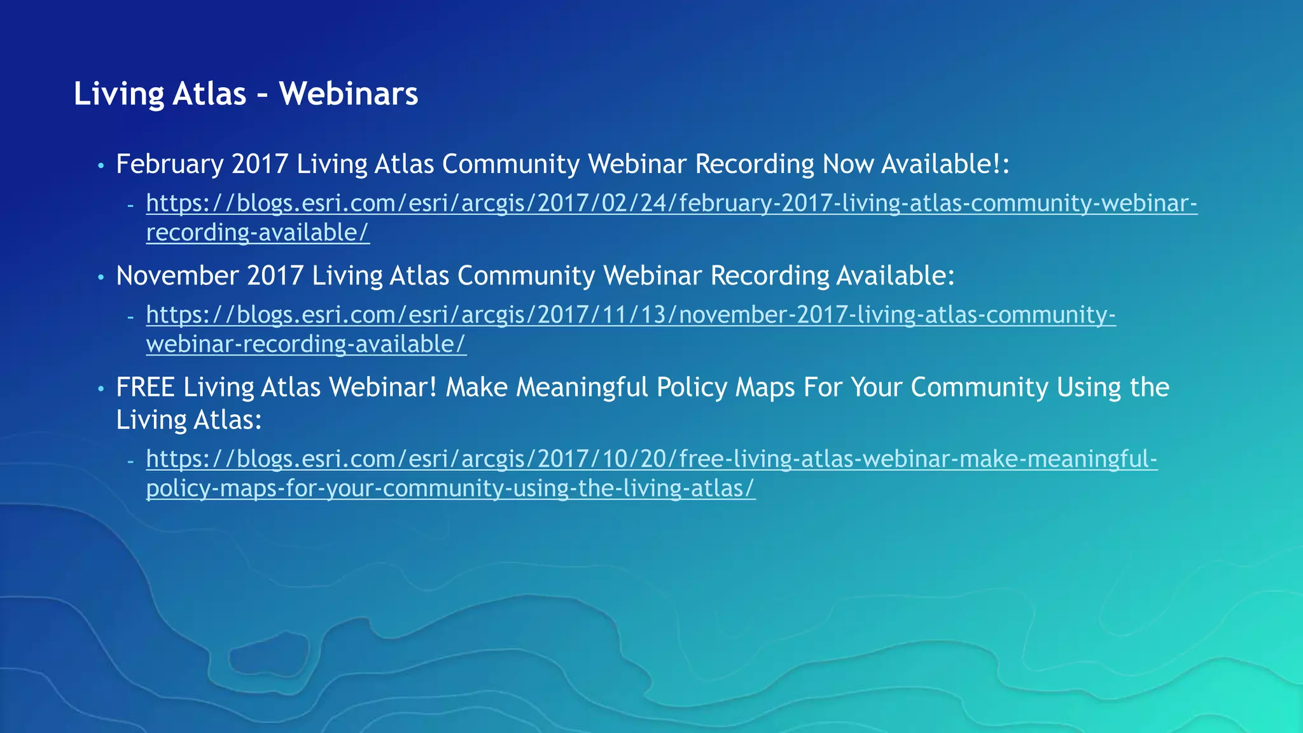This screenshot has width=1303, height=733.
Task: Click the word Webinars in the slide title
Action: click(x=349, y=94)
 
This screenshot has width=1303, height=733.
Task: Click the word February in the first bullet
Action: click(x=169, y=164)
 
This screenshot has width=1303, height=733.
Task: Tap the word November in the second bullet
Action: click(x=178, y=276)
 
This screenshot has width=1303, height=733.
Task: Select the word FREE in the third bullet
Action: click(x=145, y=387)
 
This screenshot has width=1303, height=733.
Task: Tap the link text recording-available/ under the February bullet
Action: click(x=258, y=232)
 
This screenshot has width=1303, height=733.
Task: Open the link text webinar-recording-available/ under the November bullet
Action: click(x=306, y=344)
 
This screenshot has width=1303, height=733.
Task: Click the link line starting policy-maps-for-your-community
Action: click(x=450, y=488)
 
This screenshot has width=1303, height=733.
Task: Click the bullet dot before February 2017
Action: click(x=101, y=166)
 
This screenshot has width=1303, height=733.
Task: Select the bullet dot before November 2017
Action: click(x=101, y=277)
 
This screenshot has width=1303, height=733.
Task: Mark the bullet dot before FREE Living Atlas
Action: click(x=101, y=389)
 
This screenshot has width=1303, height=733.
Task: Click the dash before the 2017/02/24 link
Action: click(x=130, y=205)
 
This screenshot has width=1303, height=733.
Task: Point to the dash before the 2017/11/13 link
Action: click(x=130, y=316)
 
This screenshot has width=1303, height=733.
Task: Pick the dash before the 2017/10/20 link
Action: click(x=130, y=460)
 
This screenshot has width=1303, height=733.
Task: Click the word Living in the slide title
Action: click(x=118, y=94)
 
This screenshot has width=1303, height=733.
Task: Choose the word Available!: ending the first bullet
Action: click(x=945, y=164)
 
